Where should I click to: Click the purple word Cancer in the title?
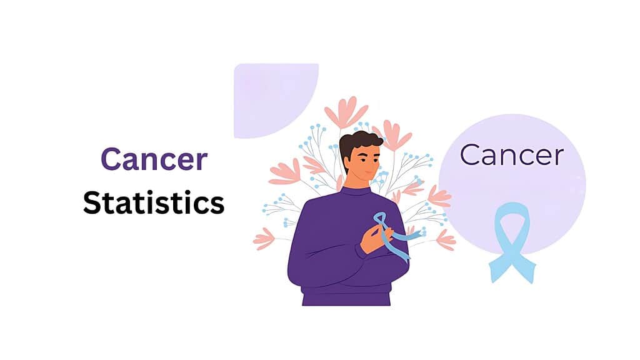[154, 159]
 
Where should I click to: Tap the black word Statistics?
[154, 203]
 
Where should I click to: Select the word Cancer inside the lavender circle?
[512, 155]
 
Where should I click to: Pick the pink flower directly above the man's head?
[346, 112]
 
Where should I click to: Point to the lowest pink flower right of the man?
[446, 240]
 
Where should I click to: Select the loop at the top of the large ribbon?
[512, 219]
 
